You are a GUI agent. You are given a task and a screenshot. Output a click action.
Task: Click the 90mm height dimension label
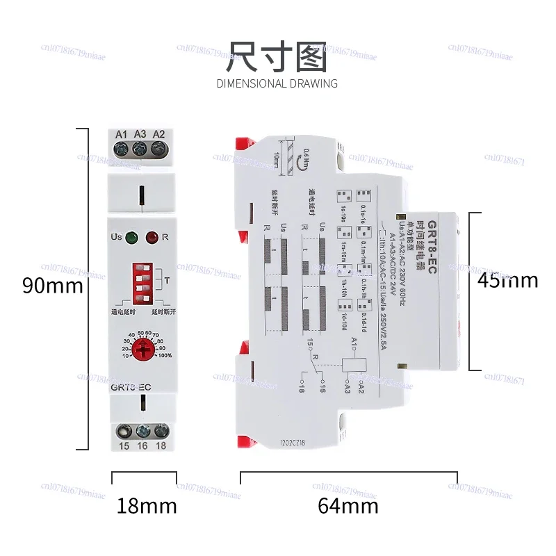pos(53,286)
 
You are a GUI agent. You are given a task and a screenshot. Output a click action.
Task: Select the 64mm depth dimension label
pos(348,506)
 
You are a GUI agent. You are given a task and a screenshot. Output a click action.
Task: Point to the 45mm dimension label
pos(507,280)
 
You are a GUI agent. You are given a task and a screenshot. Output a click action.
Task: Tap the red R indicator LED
pos(152,238)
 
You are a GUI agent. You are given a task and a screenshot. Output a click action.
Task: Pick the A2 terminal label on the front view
pos(158,133)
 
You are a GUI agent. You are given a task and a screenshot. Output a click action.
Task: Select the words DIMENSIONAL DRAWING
pos(277,84)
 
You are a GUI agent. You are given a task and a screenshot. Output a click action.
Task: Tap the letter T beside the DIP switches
pos(167,279)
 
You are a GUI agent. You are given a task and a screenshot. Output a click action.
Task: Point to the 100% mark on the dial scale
pos(165,357)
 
